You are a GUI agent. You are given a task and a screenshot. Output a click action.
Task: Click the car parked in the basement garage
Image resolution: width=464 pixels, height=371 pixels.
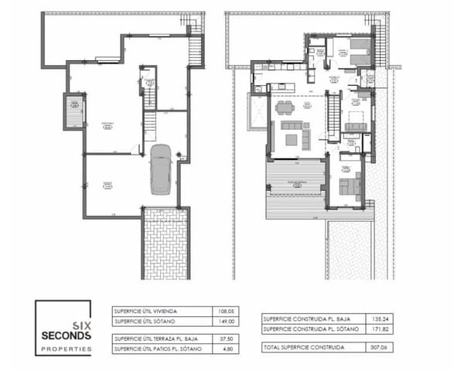pyautogui.click(x=161, y=168)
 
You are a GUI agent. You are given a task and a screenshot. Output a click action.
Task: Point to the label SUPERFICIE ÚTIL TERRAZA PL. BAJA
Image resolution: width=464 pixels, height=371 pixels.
pyautogui.click(x=154, y=339)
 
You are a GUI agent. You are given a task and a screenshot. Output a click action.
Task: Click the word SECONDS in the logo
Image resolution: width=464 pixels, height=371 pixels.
pyautogui.click(x=67, y=335)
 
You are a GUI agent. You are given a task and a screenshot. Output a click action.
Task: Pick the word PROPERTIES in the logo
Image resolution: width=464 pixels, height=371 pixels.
pyautogui.click(x=67, y=349)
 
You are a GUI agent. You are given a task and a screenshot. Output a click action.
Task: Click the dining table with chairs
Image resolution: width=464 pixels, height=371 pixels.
pyautogui.click(x=285, y=106)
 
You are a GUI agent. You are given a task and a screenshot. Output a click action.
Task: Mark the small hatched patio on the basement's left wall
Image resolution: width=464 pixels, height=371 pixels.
pyautogui.click(x=73, y=111)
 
